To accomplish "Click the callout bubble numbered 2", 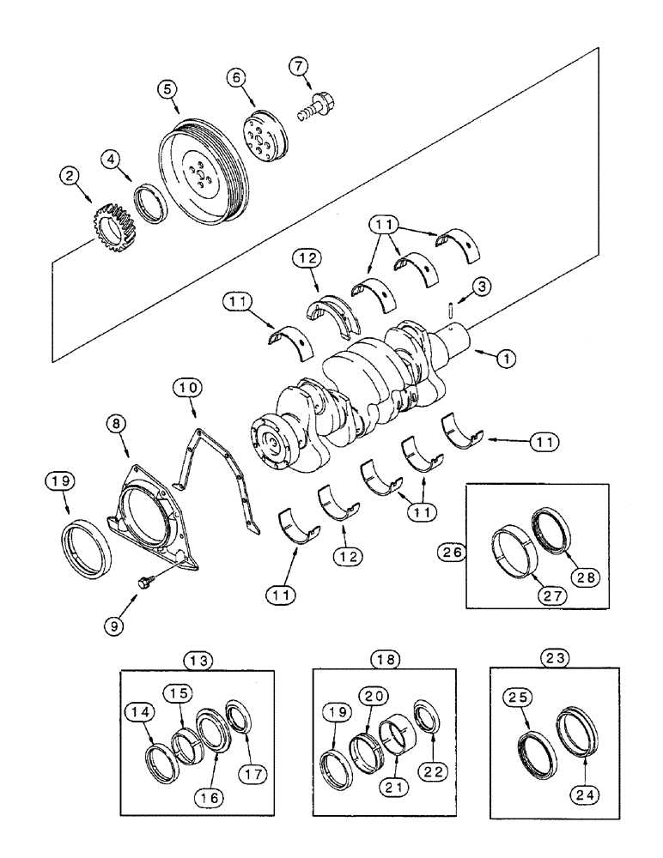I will tap(70, 177).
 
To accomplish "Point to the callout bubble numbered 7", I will tap(296, 65).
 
